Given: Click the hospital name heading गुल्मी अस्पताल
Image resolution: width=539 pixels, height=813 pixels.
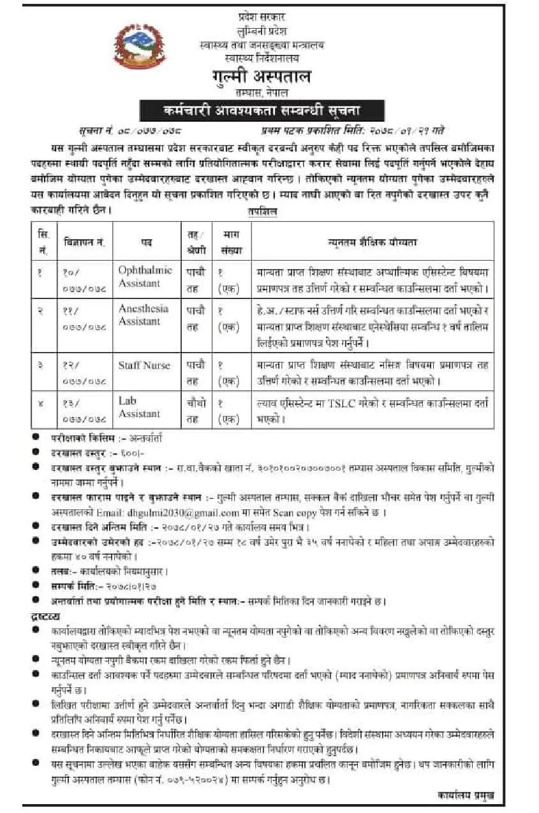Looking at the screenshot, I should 262,77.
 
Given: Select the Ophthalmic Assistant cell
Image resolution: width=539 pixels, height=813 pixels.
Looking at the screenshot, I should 145,275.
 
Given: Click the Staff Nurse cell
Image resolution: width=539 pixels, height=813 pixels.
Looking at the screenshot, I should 144,365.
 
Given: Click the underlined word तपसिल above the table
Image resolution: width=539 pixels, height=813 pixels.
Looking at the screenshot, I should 263,213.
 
